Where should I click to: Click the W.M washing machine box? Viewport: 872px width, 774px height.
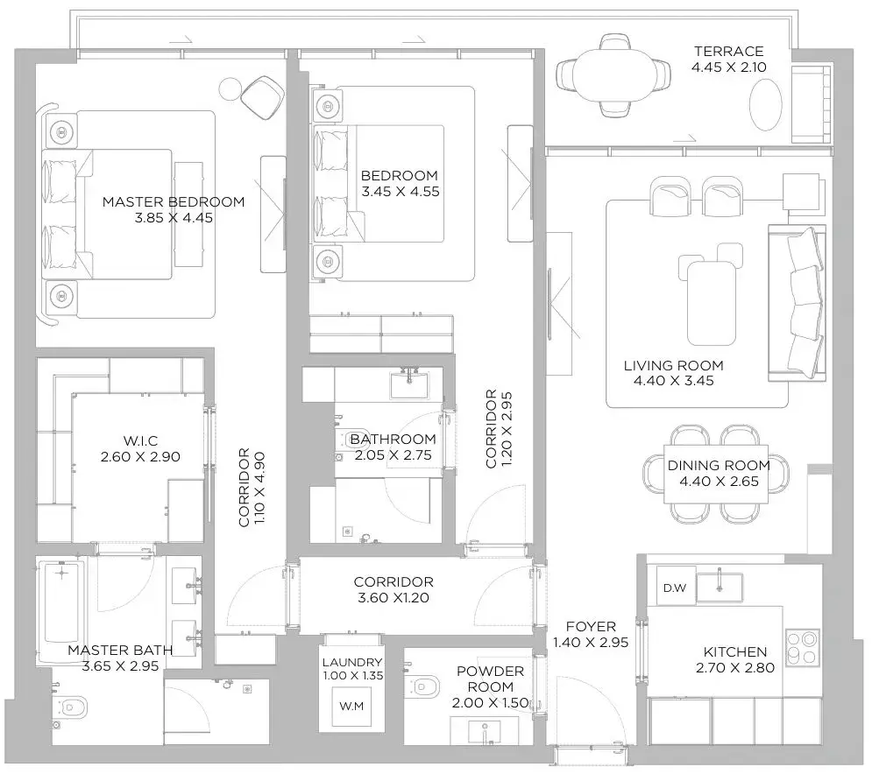tap(351, 707)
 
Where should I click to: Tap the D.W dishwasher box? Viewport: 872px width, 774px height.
tap(676, 587)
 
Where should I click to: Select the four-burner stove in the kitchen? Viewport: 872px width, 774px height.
tap(803, 648)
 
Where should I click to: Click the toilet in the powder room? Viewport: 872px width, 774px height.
tap(422, 686)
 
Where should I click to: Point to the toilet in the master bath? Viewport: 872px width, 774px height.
tap(71, 707)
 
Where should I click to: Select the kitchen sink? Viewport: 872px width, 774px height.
tap(720, 588)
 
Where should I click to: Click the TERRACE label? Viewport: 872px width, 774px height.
tap(728, 51)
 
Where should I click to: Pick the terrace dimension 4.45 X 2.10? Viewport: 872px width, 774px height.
tap(728, 67)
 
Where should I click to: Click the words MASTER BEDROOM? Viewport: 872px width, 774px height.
tap(174, 201)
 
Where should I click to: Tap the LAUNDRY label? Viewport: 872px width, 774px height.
tap(352, 662)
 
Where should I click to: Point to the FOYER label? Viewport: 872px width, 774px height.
tap(591, 626)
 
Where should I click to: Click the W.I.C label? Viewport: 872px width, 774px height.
tap(140, 441)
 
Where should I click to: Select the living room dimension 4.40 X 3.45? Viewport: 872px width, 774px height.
tap(673, 381)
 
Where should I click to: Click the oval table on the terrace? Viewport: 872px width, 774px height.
tap(766, 105)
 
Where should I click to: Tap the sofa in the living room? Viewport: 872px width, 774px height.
tap(797, 303)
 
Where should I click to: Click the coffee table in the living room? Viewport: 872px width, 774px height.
tap(712, 304)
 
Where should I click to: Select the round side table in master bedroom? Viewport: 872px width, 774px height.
tap(230, 88)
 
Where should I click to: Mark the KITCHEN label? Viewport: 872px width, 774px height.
tap(735, 651)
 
